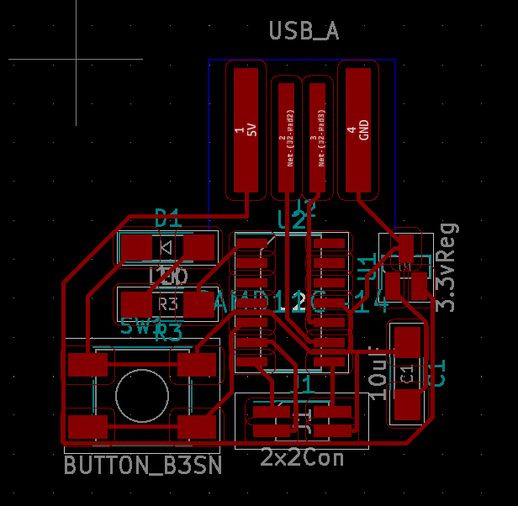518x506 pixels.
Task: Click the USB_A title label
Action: pos(304,32)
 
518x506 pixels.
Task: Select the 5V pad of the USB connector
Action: pos(246,129)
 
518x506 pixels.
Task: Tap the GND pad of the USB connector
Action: pos(357,129)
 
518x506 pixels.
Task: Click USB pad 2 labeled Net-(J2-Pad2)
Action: pos(287,138)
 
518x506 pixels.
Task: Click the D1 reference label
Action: pos(168,219)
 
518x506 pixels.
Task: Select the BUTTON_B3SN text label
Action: pos(143,465)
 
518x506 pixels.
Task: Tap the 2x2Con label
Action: pos(302,458)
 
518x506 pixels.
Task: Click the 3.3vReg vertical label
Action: pos(448,266)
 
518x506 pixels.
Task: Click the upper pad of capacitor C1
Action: pos(407,342)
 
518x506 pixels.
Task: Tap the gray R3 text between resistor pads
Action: pos(167,303)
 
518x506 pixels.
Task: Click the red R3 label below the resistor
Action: pos(168,332)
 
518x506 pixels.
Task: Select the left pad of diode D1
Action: pos(136,248)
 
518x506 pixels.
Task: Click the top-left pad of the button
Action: pos(87,365)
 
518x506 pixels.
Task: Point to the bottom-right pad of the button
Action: pos(198,426)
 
